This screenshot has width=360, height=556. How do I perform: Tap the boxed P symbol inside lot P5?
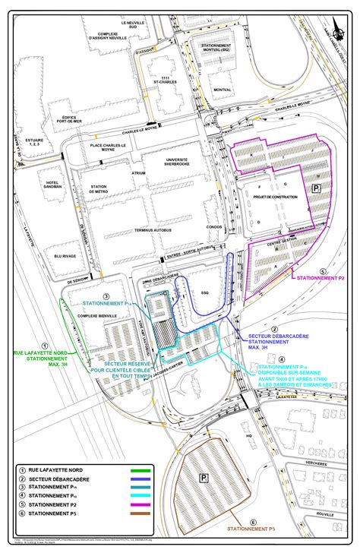coord(204,478)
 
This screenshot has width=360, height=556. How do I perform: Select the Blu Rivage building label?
coord(60,256)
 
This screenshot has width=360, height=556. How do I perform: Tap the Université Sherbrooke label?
coord(176,163)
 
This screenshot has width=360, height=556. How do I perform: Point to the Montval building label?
coord(223,89)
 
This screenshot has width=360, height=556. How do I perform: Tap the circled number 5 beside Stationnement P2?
coord(322,271)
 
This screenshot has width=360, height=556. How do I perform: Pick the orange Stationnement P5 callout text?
coord(252,528)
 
